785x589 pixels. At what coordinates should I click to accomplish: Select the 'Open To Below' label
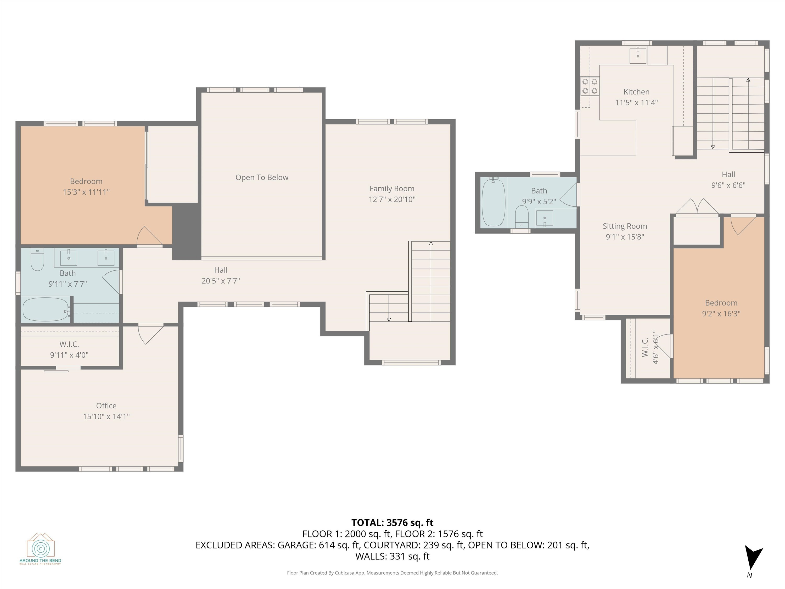[262, 177]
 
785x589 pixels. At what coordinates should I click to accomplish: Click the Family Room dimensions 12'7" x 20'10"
[392, 199]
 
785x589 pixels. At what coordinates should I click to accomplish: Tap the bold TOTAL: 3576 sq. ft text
[392, 523]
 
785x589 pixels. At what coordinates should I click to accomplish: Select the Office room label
[106, 405]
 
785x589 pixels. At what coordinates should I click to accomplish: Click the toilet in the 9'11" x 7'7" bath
[37, 260]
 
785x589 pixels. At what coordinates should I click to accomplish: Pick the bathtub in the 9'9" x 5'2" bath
[493, 203]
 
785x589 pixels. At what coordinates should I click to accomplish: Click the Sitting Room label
[625, 226]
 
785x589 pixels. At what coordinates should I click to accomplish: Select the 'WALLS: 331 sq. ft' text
[392, 556]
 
